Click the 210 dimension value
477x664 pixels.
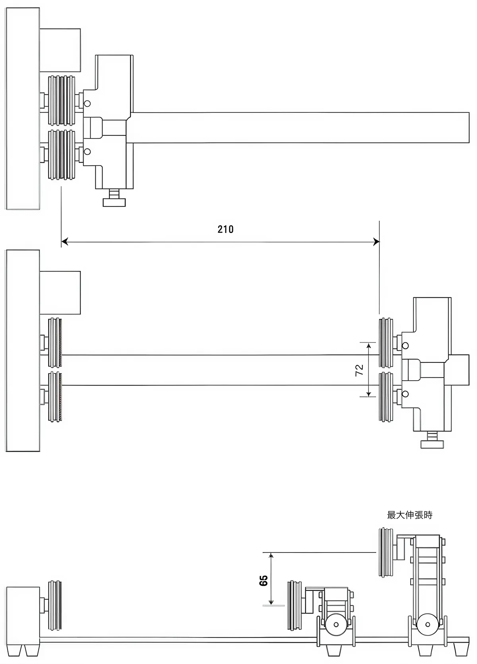point(225,229)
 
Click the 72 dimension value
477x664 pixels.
point(359,370)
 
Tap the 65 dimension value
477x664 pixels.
point(263,580)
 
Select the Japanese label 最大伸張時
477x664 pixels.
point(409,515)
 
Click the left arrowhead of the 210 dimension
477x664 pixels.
point(64,241)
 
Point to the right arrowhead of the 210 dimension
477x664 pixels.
point(376,241)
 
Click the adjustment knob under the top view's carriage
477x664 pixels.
point(114,198)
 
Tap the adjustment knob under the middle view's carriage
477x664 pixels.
point(432,440)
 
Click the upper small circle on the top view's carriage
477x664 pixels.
point(87,103)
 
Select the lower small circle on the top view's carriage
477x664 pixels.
point(87,151)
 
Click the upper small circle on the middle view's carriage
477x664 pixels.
point(405,345)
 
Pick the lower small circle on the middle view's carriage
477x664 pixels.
point(405,394)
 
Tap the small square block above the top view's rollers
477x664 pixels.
point(60,50)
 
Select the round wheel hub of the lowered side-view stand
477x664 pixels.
point(336,624)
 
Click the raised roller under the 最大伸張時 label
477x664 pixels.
point(385,552)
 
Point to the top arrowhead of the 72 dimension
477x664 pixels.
point(369,346)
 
